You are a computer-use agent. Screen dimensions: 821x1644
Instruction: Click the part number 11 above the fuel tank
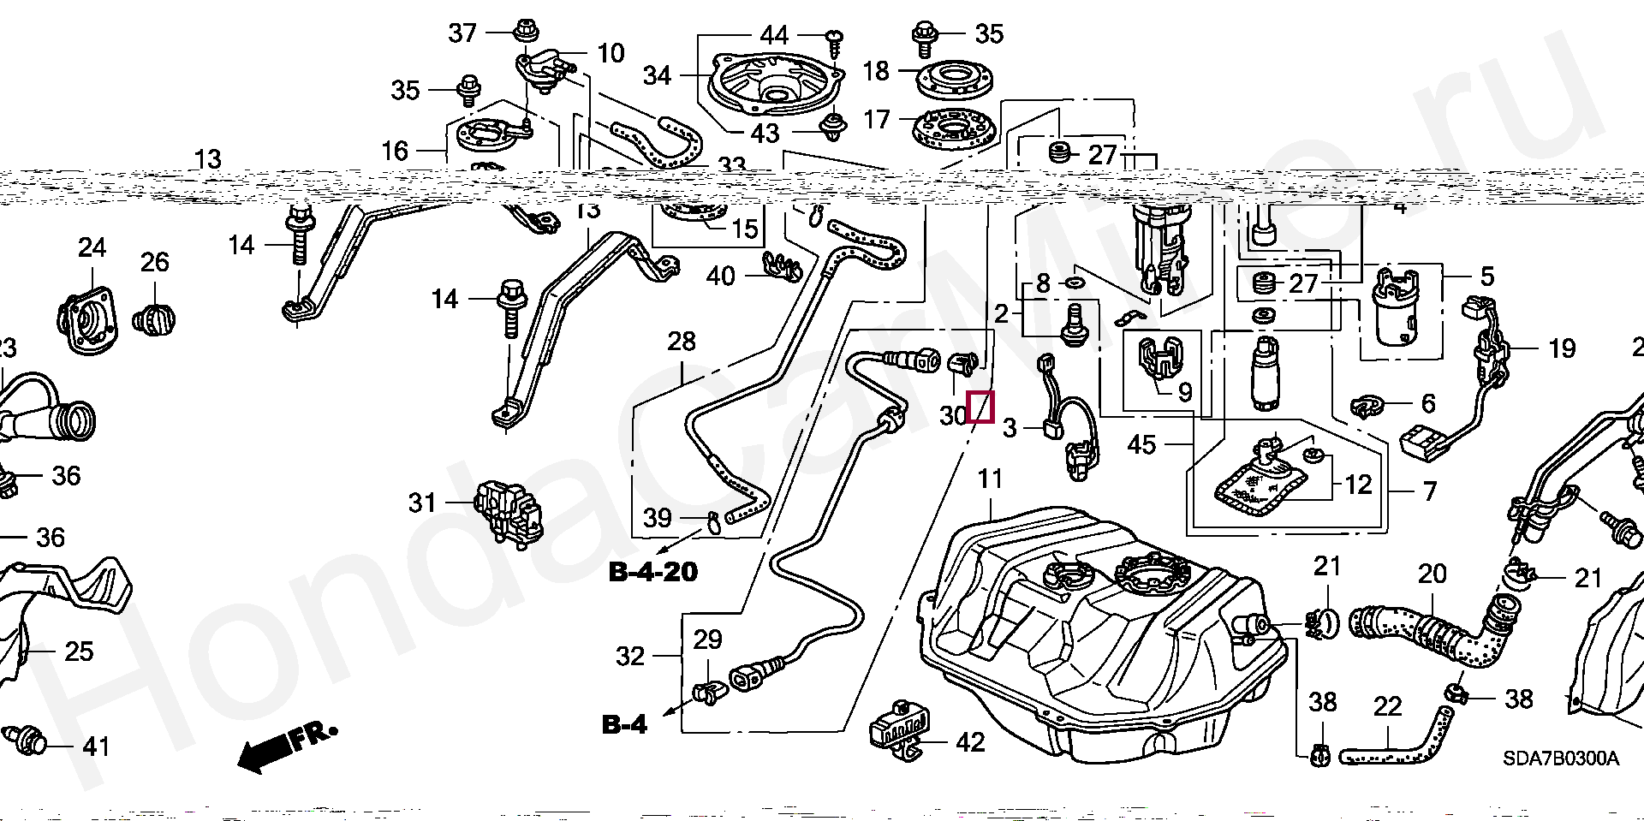[990, 479]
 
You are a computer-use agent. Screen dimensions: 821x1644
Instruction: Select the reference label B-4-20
[652, 572]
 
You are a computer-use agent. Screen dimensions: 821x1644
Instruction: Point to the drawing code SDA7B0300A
[1560, 759]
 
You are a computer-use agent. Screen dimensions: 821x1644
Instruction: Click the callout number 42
[969, 742]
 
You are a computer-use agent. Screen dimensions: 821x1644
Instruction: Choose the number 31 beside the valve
[422, 503]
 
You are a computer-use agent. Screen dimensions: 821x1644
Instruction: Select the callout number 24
[92, 248]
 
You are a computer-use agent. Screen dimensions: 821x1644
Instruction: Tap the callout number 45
[1141, 444]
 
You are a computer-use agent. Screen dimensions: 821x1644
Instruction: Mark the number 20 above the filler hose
[1432, 574]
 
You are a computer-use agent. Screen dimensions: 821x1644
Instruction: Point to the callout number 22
[1387, 706]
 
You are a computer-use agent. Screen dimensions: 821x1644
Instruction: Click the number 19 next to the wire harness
[1562, 348]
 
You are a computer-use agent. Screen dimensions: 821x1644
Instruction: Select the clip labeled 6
[1368, 404]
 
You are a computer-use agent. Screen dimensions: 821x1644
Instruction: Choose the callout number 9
[1185, 392]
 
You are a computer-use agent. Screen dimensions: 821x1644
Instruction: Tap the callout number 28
[682, 342]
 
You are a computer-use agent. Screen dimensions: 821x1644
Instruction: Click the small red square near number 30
[980, 407]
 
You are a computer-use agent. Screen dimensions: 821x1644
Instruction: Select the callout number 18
[876, 71]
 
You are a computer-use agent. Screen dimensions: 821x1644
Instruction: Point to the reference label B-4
[624, 724]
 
